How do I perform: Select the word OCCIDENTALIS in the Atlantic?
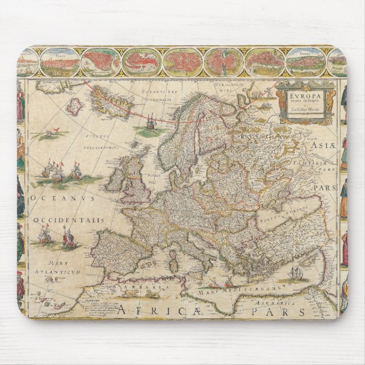click(61, 220)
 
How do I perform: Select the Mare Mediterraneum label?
click(238, 294)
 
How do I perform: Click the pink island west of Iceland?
click(75, 105)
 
